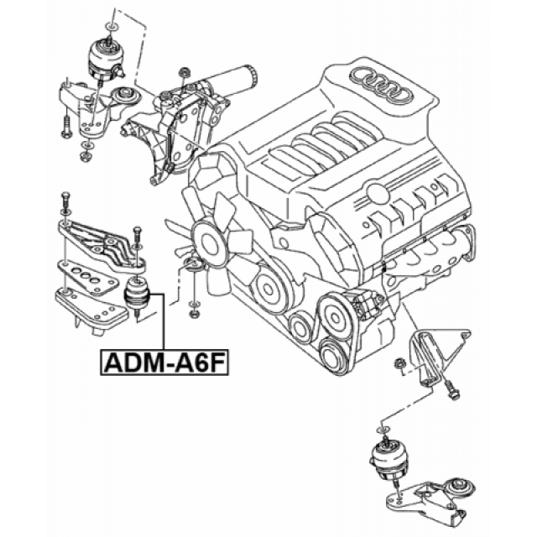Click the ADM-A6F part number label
click(x=164, y=362)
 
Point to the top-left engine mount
click(x=104, y=59)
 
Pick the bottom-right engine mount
click(x=389, y=460)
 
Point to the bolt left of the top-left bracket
click(x=66, y=126)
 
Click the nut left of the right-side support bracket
click(x=399, y=363)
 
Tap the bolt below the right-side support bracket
click(x=451, y=391)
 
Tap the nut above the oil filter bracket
click(x=185, y=72)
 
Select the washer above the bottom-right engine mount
click(x=383, y=430)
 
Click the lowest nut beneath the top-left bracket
click(x=85, y=156)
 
